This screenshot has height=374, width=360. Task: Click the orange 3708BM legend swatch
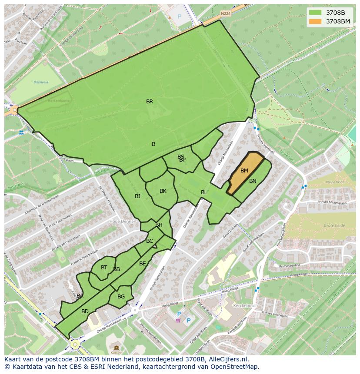point(315,21)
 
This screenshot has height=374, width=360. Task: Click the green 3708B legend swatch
point(315,13)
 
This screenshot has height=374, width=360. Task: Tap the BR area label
point(150,102)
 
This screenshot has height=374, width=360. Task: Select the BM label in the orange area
point(244,171)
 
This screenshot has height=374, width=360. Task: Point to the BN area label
point(253,181)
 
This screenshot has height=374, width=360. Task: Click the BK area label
point(163,191)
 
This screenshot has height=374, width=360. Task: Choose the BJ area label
point(137,196)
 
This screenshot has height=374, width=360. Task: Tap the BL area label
point(204,192)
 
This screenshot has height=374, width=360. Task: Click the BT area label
point(104,268)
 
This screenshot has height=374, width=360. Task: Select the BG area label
point(121,297)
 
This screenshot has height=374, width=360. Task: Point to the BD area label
point(85,311)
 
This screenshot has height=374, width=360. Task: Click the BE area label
point(143,264)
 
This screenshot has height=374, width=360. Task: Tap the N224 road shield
point(225,13)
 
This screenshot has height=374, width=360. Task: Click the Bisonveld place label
point(42,82)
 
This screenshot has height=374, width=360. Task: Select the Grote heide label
point(334,226)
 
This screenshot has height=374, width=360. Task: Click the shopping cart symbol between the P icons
point(178,321)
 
